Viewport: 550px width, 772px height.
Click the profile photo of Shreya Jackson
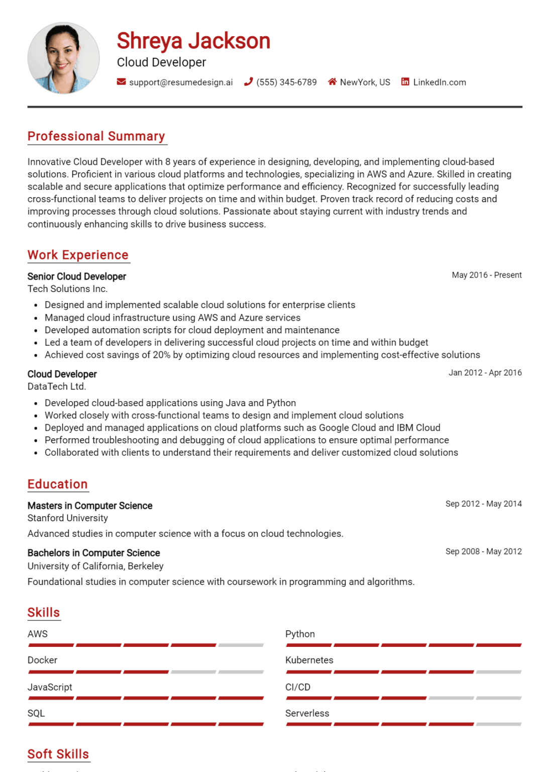coord(63,58)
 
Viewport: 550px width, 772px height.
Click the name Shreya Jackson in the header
coord(193,41)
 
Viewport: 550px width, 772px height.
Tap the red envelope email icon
coord(121,81)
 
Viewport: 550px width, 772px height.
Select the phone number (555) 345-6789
coord(286,82)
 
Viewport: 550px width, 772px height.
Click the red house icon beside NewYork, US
coord(332,81)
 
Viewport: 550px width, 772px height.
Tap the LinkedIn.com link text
coord(439,82)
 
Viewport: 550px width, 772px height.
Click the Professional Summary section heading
coord(96,136)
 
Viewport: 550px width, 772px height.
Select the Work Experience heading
coord(78,255)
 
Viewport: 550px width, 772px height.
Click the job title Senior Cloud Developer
coord(77,276)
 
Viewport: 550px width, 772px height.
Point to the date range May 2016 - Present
coord(486,275)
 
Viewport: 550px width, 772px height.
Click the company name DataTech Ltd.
coord(57,387)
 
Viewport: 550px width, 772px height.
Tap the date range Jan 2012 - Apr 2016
coord(485,372)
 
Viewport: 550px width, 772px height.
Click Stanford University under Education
coord(68,518)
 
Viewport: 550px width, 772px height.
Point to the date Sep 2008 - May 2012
coord(483,551)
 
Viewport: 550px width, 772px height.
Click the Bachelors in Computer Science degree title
coord(93,553)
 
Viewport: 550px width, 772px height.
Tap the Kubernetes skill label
coord(309,660)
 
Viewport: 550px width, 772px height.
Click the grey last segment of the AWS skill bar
coord(241,645)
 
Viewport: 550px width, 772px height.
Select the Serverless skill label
coord(307,713)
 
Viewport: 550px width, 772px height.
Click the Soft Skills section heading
coord(58,754)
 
